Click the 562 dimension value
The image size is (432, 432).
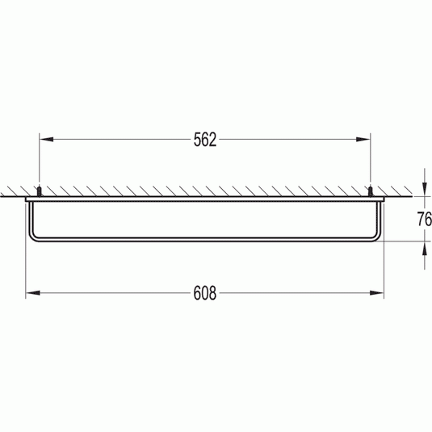[x=205, y=140]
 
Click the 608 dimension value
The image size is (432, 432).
[x=205, y=293]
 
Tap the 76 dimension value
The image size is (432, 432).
[x=424, y=220]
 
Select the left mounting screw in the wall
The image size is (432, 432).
[x=40, y=191]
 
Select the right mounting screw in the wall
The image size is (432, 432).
[x=371, y=191]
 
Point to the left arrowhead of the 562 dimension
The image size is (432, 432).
[x=46, y=140]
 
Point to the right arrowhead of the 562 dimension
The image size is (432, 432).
[x=363, y=140]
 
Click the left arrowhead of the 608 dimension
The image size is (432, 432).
[x=33, y=293]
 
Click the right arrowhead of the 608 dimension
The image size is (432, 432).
[x=376, y=293]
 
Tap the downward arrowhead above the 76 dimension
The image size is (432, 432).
[x=424, y=189]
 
